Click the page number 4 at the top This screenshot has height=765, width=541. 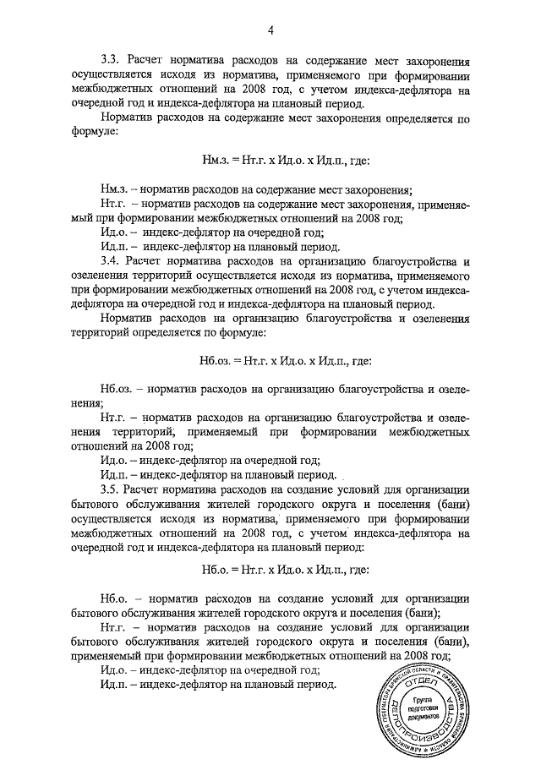270,31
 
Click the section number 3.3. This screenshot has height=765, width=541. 111,62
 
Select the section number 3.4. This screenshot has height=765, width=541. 111,262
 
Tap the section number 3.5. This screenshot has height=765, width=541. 111,489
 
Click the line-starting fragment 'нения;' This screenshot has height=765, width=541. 86,404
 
